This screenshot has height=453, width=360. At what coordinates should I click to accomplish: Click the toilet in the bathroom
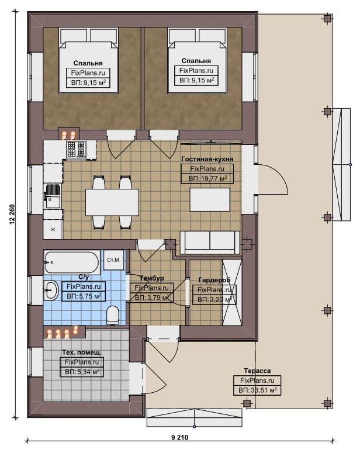point(113,315)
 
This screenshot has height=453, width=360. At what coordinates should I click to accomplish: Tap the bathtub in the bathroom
point(72,262)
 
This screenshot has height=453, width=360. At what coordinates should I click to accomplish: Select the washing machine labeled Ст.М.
point(113,260)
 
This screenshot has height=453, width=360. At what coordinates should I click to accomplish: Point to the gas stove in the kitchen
point(77,150)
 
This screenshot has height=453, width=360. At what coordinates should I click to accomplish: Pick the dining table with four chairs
point(112,202)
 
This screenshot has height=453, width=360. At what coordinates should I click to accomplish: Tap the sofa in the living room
point(210,243)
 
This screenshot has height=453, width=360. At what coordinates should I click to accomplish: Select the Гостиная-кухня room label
point(207,159)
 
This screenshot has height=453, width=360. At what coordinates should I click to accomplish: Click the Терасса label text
point(257,371)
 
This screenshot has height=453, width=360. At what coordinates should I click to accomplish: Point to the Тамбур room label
point(152,278)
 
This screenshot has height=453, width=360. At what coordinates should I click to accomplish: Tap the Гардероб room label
point(214,280)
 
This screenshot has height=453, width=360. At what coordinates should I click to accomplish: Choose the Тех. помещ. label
point(82,352)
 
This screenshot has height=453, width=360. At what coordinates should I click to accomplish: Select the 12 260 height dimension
point(12,215)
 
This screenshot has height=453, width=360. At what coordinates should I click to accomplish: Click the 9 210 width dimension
point(180,437)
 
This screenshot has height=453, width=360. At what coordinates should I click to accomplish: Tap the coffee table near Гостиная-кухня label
point(210,200)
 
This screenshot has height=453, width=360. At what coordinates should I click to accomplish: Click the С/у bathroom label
point(84,277)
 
